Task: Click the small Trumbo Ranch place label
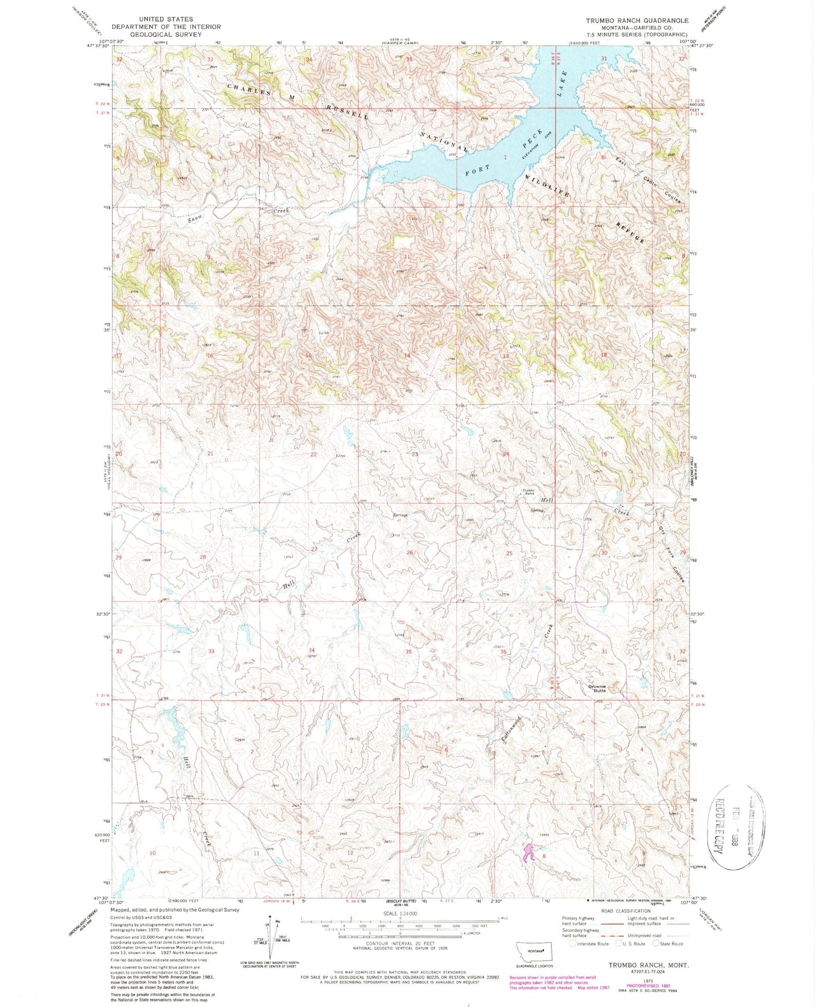point(528,492)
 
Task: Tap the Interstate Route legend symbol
point(572,944)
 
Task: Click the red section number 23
point(415,454)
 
